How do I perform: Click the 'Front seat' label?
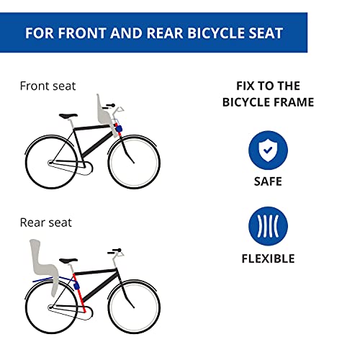(48, 86)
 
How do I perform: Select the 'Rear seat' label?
(45, 223)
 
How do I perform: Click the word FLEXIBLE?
(268, 258)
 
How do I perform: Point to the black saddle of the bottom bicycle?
(68, 260)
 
